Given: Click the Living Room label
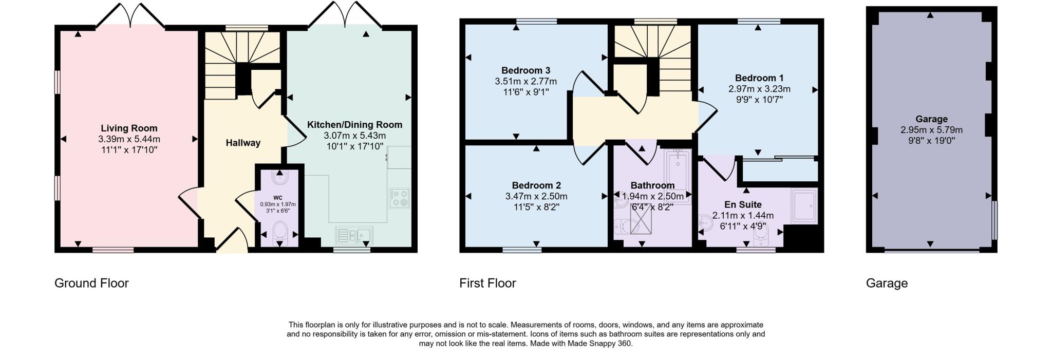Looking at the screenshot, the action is pyautogui.click(x=129, y=128).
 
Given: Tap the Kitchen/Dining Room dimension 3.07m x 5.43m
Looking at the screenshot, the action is pyautogui.click(x=354, y=136).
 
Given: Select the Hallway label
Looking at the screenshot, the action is pyautogui.click(x=243, y=143).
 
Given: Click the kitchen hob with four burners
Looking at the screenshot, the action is pyautogui.click(x=399, y=198).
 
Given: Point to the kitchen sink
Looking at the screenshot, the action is pyautogui.click(x=354, y=235).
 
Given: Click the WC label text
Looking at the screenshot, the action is pyautogui.click(x=277, y=198).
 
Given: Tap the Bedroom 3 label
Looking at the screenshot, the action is pyautogui.click(x=525, y=70).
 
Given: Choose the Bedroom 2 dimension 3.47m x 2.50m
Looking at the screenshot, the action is pyautogui.click(x=536, y=196).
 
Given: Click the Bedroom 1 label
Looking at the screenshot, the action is pyautogui.click(x=759, y=78).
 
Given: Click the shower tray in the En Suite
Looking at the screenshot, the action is pyautogui.click(x=804, y=206).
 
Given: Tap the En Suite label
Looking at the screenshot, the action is pyautogui.click(x=743, y=204).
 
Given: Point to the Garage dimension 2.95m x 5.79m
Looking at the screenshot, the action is pyautogui.click(x=931, y=130).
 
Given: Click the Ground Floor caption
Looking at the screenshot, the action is pyautogui.click(x=91, y=283).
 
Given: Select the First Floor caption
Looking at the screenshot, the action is pyautogui.click(x=487, y=283).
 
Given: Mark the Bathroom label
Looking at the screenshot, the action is pyautogui.click(x=652, y=185).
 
